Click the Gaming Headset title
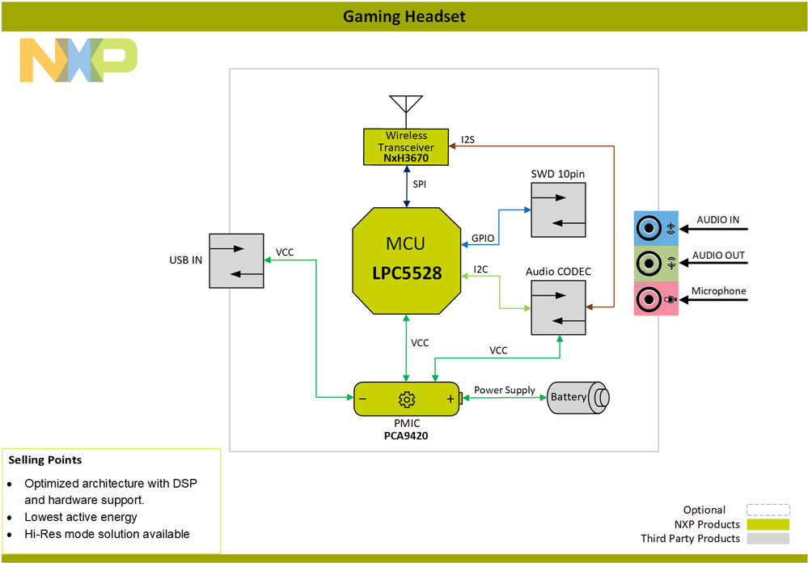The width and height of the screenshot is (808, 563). click(x=404, y=16)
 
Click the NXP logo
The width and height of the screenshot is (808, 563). click(x=78, y=60)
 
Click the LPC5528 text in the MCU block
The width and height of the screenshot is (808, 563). click(x=407, y=273)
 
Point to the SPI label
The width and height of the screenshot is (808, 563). click(x=420, y=184)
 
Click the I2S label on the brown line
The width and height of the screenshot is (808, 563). click(x=467, y=140)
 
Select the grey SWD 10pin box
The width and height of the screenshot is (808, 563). click(x=558, y=210)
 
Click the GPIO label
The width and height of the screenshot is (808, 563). click(x=483, y=239)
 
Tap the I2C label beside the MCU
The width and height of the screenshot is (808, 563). click(x=480, y=269)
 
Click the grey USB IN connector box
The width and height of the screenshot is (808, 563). click(x=236, y=260)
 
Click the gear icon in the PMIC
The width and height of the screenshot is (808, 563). click(x=406, y=400)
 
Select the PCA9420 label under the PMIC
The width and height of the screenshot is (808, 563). click(x=406, y=435)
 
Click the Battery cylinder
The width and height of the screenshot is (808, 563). click(x=577, y=397)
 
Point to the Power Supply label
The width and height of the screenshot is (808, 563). click(x=504, y=390)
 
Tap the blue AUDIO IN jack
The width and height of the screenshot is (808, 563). click(x=649, y=229)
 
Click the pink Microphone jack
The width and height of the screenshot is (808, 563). click(x=649, y=299)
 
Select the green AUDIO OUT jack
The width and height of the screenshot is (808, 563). click(x=649, y=264)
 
